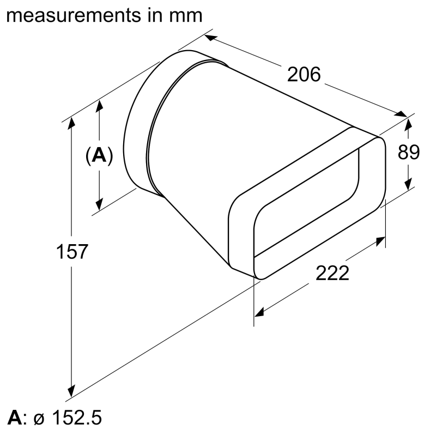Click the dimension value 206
click(304, 74)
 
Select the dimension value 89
click(408, 153)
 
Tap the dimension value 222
click(332, 272)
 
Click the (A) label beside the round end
click(99, 156)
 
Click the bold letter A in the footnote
click(14, 419)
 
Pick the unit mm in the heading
click(186, 15)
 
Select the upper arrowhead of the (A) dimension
click(99, 106)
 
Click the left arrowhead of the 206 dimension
click(210, 38)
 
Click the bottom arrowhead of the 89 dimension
click(408, 185)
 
